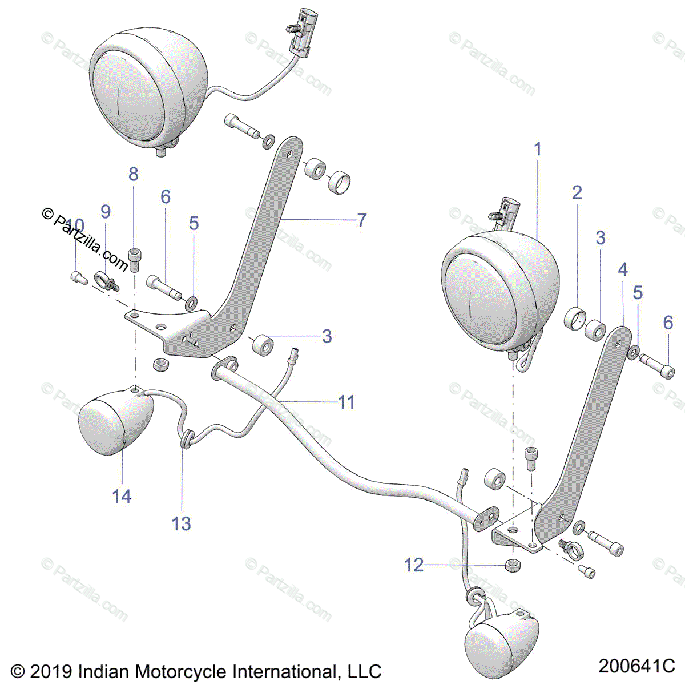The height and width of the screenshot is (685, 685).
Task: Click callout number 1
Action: point(537,150)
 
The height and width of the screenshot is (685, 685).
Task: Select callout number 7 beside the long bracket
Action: point(361,220)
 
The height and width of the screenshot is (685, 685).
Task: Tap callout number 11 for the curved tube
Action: point(346,402)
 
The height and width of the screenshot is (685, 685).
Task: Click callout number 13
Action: point(182,523)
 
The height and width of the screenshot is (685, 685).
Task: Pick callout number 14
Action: point(122,496)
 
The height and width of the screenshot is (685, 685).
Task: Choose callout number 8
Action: point(133,174)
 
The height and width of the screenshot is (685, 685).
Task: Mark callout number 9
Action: point(106,212)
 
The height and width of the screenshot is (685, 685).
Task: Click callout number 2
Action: point(577,192)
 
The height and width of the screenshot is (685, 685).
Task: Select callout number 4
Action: point(622,269)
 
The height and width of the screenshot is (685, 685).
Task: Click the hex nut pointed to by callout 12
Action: point(511,565)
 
